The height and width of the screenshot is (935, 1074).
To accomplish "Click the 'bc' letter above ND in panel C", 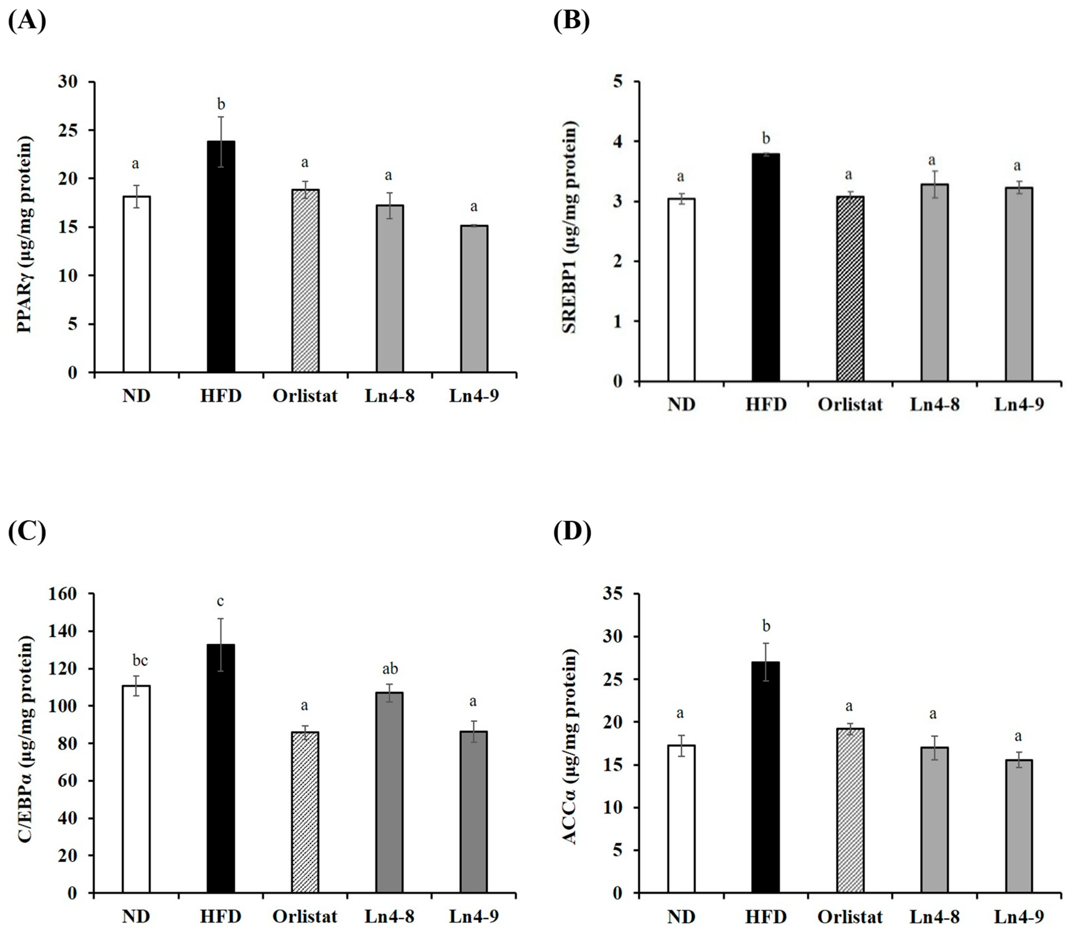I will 140,660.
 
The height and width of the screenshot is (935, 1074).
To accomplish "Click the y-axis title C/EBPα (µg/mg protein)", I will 25,743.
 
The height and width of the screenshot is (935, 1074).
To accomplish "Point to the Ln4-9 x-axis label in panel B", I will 1019,404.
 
